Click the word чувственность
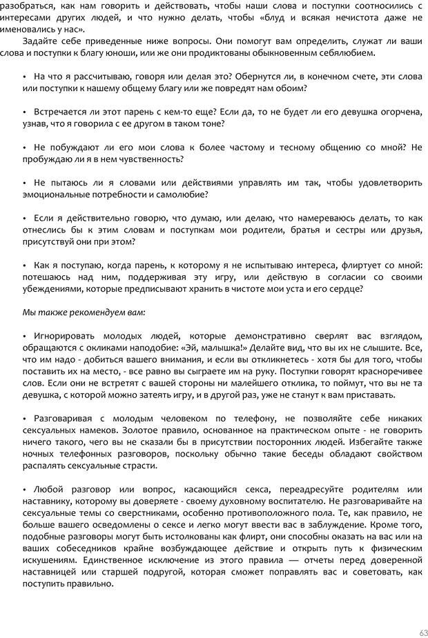coord(153,159)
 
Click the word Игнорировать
coord(65,336)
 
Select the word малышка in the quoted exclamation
coord(218,348)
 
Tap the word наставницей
coord(52,572)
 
